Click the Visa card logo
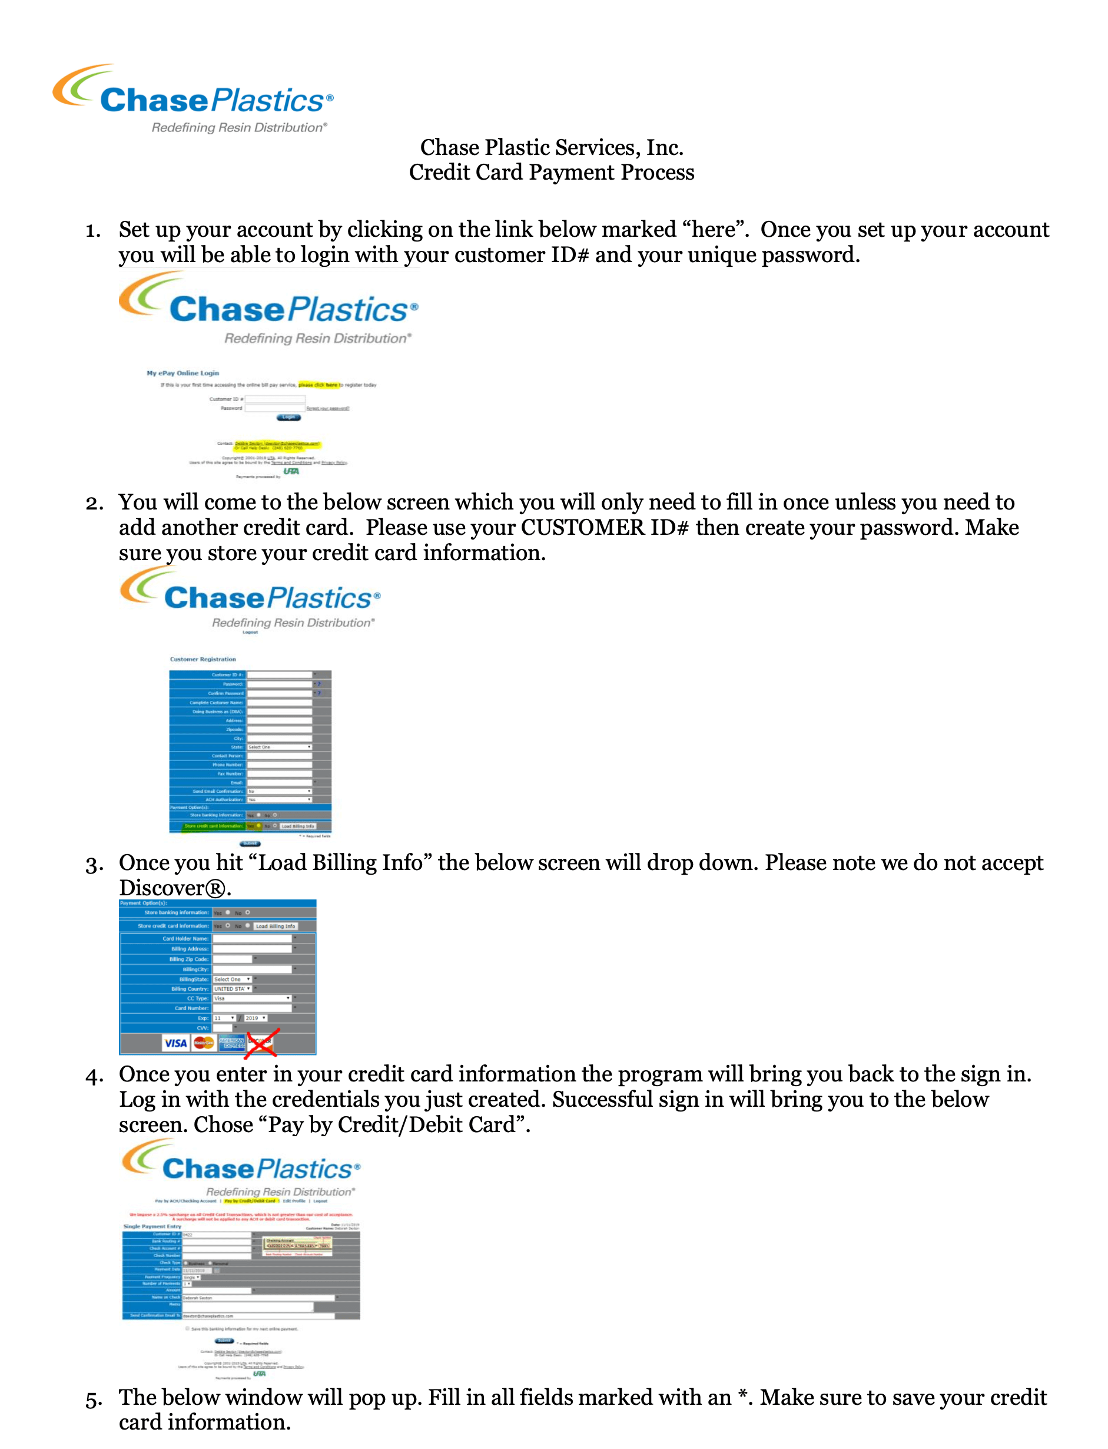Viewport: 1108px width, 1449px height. click(x=175, y=1043)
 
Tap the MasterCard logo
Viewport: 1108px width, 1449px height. click(x=204, y=1043)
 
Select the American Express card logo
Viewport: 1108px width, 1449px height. click(x=232, y=1043)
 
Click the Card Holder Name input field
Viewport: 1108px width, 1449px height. click(x=252, y=938)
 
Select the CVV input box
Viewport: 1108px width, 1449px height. click(x=223, y=1028)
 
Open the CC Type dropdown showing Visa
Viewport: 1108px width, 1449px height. click(x=252, y=998)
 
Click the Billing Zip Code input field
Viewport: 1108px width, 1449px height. click(x=232, y=959)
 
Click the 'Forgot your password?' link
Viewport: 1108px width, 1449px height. click(x=328, y=408)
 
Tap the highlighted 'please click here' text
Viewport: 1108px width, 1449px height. click(x=318, y=385)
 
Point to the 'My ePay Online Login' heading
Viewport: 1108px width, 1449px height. click(x=183, y=373)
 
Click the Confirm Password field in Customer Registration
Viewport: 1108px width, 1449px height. click(x=279, y=693)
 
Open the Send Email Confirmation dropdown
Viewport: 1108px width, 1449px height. click(x=279, y=791)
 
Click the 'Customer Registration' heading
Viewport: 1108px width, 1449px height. click(x=203, y=659)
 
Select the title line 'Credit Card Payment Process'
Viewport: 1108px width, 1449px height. click(x=552, y=172)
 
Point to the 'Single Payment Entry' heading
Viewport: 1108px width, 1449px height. click(x=152, y=1226)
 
